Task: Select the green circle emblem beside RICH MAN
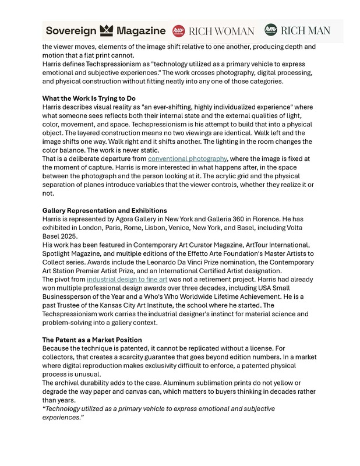270,30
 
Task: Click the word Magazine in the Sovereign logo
141,30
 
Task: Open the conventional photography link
187,158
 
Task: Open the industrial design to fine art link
127,280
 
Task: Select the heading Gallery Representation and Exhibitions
105,210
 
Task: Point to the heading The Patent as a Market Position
92,340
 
